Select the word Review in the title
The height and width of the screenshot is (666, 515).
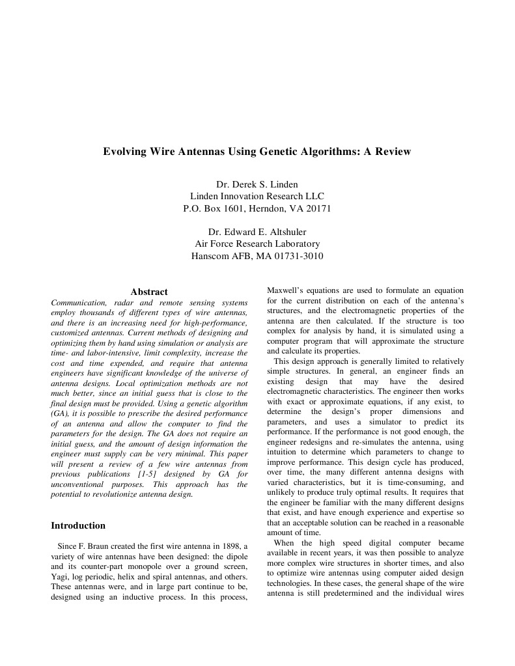coord(392,152)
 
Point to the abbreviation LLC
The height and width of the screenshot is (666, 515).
coord(314,196)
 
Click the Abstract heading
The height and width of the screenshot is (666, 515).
coord(149,292)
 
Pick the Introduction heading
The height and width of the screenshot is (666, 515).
coord(78,525)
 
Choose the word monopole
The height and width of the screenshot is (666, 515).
coord(139,566)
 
